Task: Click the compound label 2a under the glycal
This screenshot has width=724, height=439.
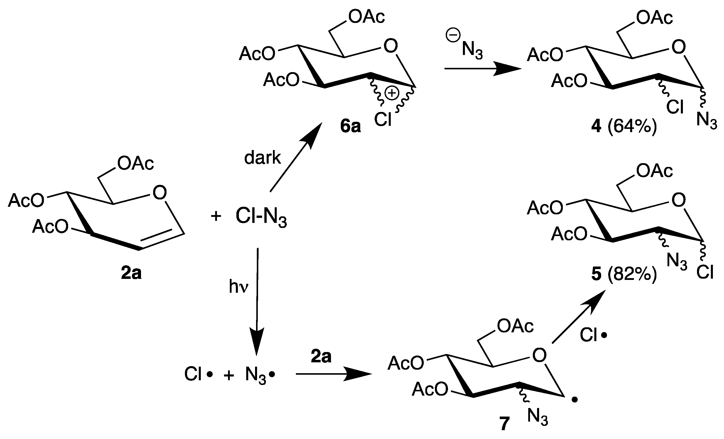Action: click(131, 273)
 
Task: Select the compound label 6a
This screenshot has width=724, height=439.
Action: click(350, 127)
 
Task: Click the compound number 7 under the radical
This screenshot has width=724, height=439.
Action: click(504, 424)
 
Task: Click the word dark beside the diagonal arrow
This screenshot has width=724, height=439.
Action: click(262, 158)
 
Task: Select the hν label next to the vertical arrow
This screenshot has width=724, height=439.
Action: click(239, 287)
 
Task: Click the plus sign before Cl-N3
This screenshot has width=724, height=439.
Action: click(216, 217)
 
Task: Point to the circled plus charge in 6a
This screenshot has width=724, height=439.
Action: click(392, 94)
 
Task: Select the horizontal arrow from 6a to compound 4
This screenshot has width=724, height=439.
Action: click(482, 69)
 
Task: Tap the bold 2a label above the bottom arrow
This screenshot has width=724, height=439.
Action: click(321, 357)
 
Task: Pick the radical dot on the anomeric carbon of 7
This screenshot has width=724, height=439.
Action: click(575, 400)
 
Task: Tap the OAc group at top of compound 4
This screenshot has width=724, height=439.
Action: click(654, 18)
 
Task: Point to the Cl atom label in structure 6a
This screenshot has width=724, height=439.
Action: click(383, 120)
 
